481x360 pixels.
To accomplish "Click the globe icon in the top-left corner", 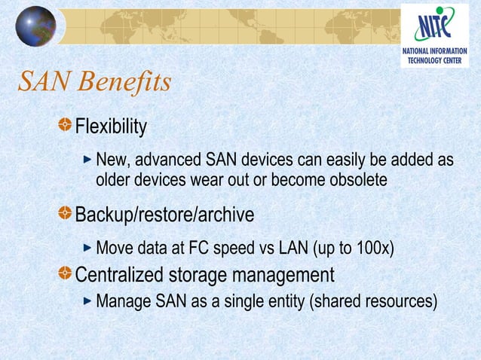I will [35, 26].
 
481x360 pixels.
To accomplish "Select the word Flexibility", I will [111, 127].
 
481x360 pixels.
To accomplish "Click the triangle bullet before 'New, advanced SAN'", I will [88, 160].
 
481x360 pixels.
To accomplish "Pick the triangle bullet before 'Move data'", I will [88, 247].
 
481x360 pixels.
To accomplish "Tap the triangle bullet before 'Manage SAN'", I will [88, 301].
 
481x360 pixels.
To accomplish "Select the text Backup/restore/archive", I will [164, 215].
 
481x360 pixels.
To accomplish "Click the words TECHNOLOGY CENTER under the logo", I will [439, 60].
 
